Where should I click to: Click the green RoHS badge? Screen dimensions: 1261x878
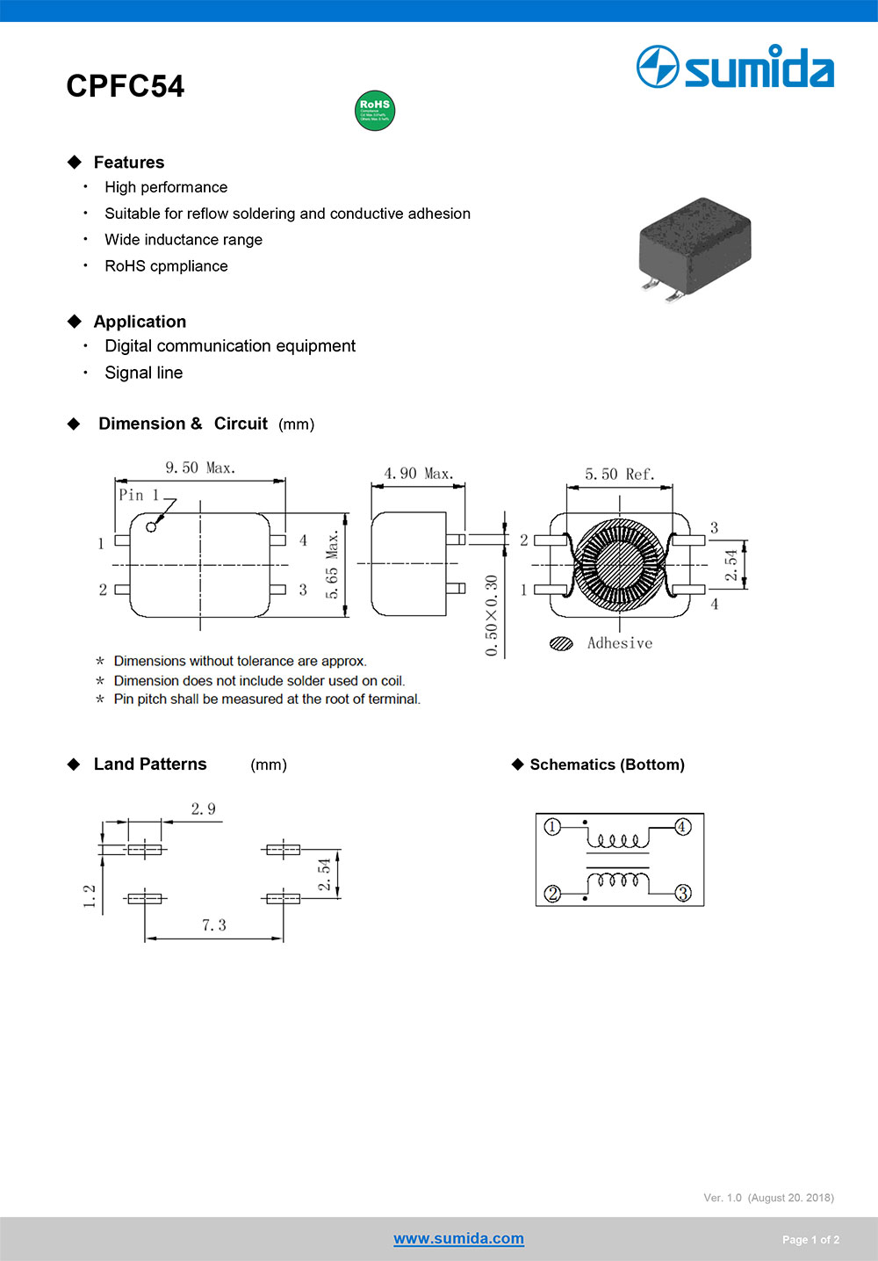(x=375, y=111)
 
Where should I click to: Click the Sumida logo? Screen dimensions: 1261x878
(x=735, y=68)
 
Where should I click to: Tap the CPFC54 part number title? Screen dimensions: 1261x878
(x=126, y=86)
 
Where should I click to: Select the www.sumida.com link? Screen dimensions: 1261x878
(x=458, y=1238)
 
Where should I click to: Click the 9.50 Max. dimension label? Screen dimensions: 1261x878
(x=200, y=467)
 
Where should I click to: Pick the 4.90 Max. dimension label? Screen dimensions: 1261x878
(x=418, y=474)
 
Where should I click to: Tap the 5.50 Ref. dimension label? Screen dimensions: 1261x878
(x=620, y=475)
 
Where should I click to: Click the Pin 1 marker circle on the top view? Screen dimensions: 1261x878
(x=151, y=526)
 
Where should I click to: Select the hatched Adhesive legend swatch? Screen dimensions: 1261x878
(x=561, y=643)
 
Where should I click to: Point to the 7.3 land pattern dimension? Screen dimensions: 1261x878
(x=213, y=925)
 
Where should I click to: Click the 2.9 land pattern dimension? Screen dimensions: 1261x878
(x=203, y=809)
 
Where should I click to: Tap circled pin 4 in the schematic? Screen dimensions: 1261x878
(x=682, y=827)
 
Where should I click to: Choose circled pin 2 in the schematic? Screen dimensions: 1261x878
(x=552, y=894)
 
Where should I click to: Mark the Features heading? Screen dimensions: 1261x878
(x=129, y=163)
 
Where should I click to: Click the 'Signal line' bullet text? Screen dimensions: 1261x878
(x=144, y=373)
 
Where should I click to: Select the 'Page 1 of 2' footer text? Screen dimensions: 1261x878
(x=810, y=1240)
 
